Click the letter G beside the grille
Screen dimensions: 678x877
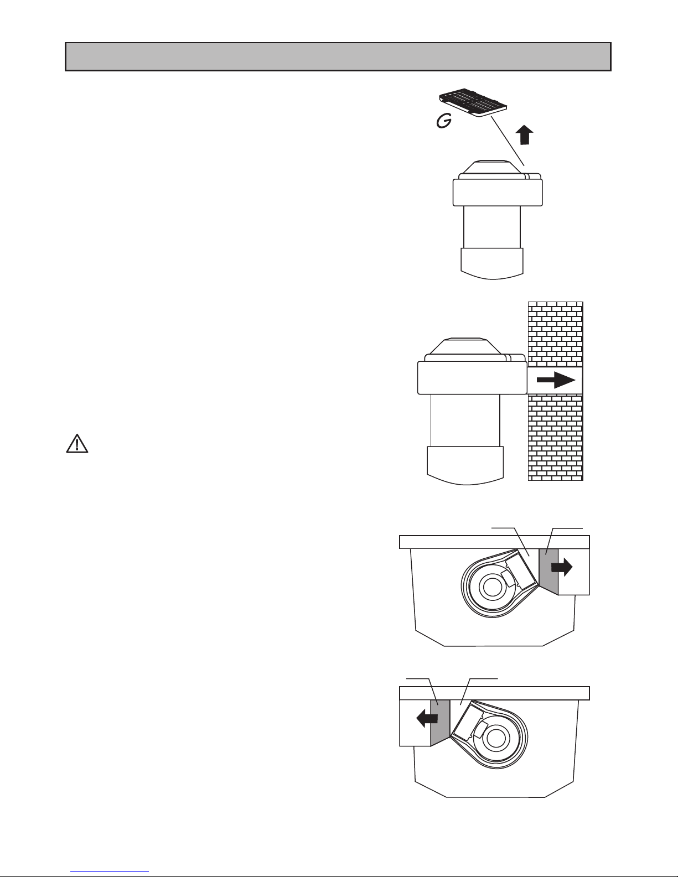(444, 121)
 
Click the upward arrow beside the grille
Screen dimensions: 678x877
(524, 135)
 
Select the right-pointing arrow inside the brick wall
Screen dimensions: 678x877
(556, 380)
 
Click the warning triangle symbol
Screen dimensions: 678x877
(77, 444)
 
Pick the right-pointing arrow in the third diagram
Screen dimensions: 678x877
(562, 568)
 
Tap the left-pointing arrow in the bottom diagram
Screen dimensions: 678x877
(427, 719)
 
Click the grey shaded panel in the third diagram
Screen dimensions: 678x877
(549, 571)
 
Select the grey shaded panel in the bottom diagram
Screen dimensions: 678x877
(441, 723)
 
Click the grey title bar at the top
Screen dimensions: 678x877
(338, 56)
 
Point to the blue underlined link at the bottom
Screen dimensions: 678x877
(110, 873)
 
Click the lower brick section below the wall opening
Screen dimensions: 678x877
(556, 437)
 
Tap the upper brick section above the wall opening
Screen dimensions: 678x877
(556, 334)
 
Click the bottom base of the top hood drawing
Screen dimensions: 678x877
(492, 263)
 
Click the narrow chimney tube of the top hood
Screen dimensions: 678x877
(492, 227)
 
